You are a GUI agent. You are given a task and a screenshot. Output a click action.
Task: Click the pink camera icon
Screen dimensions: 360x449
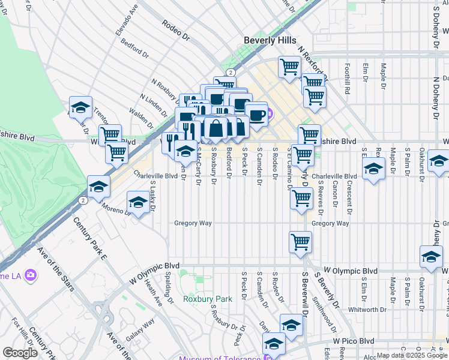point(29,275)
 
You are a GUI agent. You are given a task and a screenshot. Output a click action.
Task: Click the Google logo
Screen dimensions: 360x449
point(20,353)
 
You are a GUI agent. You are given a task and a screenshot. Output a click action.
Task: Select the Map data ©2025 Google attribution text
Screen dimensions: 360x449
point(412,355)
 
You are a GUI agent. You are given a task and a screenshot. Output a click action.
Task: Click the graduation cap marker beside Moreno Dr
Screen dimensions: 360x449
point(138,202)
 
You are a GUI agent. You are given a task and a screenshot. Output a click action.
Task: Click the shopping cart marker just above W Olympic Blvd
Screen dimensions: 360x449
point(300,242)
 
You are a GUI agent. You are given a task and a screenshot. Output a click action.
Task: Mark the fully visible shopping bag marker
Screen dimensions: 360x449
point(215,128)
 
